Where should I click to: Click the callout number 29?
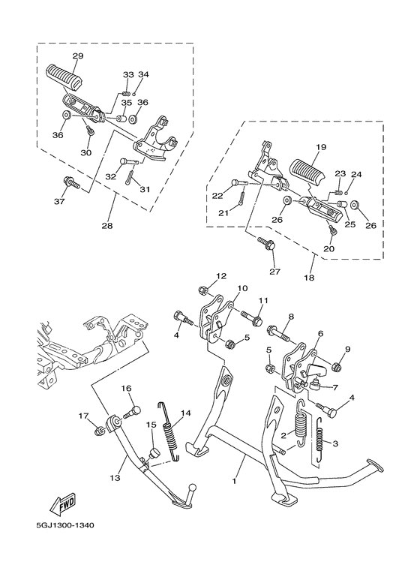coord(78,56)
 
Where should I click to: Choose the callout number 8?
coord(291,317)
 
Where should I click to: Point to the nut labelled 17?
coord(98,431)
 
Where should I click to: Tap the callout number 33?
coord(127,75)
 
